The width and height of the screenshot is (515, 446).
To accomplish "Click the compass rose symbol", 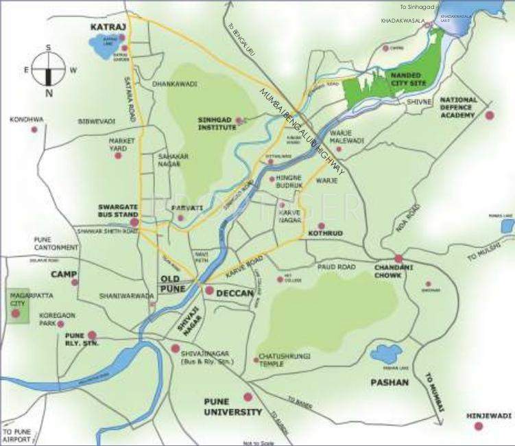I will click(x=49, y=70).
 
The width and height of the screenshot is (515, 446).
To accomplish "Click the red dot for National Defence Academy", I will click(x=489, y=115).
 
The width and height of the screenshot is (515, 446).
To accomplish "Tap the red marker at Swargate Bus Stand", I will click(x=134, y=222).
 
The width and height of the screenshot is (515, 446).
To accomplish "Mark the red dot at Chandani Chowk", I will click(x=398, y=259).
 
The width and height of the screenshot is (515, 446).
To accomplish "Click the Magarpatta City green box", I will click(x=19, y=306).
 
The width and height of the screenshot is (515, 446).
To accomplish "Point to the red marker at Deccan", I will click(x=209, y=290).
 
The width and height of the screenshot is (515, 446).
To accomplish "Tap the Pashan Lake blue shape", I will click(x=386, y=354).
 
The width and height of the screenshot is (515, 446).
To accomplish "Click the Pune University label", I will click(x=233, y=407).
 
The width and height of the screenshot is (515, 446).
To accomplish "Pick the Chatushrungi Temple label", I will click(x=281, y=360).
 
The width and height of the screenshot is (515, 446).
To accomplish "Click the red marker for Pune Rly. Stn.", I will click(x=93, y=336).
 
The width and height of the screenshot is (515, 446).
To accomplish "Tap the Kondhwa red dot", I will click(x=34, y=129).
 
